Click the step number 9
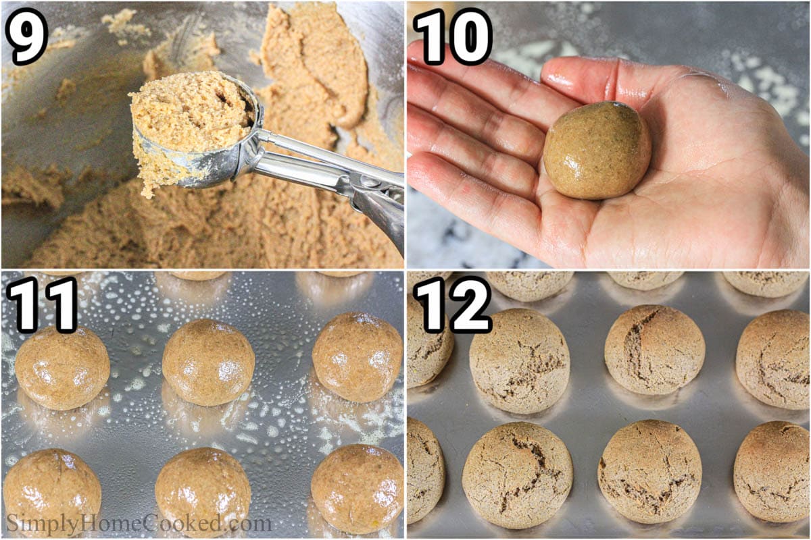(x=27, y=35)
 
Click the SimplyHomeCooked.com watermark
(x=139, y=523)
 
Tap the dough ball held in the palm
(x=597, y=150)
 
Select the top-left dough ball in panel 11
(x=62, y=368)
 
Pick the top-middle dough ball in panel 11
(x=208, y=362)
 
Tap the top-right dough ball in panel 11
(x=357, y=356)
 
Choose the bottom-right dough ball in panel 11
(x=357, y=487)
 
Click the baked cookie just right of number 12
(x=519, y=361)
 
